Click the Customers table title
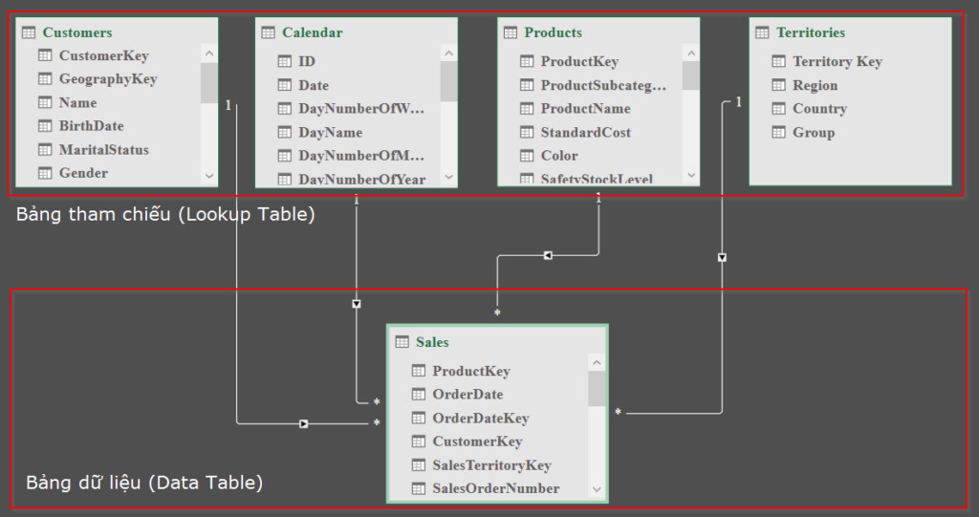click(76, 32)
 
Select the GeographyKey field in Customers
click(107, 79)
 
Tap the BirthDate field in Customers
click(91, 126)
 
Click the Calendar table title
click(312, 32)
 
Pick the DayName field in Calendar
click(330, 133)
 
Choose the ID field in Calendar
click(306, 61)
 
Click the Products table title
click(553, 32)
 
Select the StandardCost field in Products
click(585, 133)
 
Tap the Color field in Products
click(558, 156)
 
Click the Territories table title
click(810, 32)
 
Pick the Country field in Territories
click(819, 109)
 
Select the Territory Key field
click(837, 62)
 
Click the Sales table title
click(432, 342)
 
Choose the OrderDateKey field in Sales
click(480, 419)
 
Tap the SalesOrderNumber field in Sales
click(495, 488)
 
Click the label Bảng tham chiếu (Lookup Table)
click(165, 214)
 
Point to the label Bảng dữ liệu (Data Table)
click(143, 483)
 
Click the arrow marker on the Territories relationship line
click(722, 257)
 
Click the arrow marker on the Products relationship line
click(548, 255)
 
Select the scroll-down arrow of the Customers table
click(209, 175)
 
